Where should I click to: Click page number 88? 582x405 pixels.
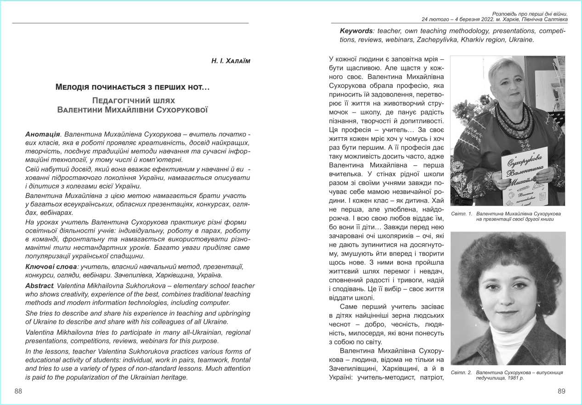(18, 391)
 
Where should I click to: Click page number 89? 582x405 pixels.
(561, 391)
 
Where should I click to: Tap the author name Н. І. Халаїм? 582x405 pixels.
(231, 61)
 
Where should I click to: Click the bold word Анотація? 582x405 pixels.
(43, 135)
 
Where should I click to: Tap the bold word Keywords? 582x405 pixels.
(356, 31)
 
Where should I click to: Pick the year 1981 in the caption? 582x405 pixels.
(516, 378)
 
